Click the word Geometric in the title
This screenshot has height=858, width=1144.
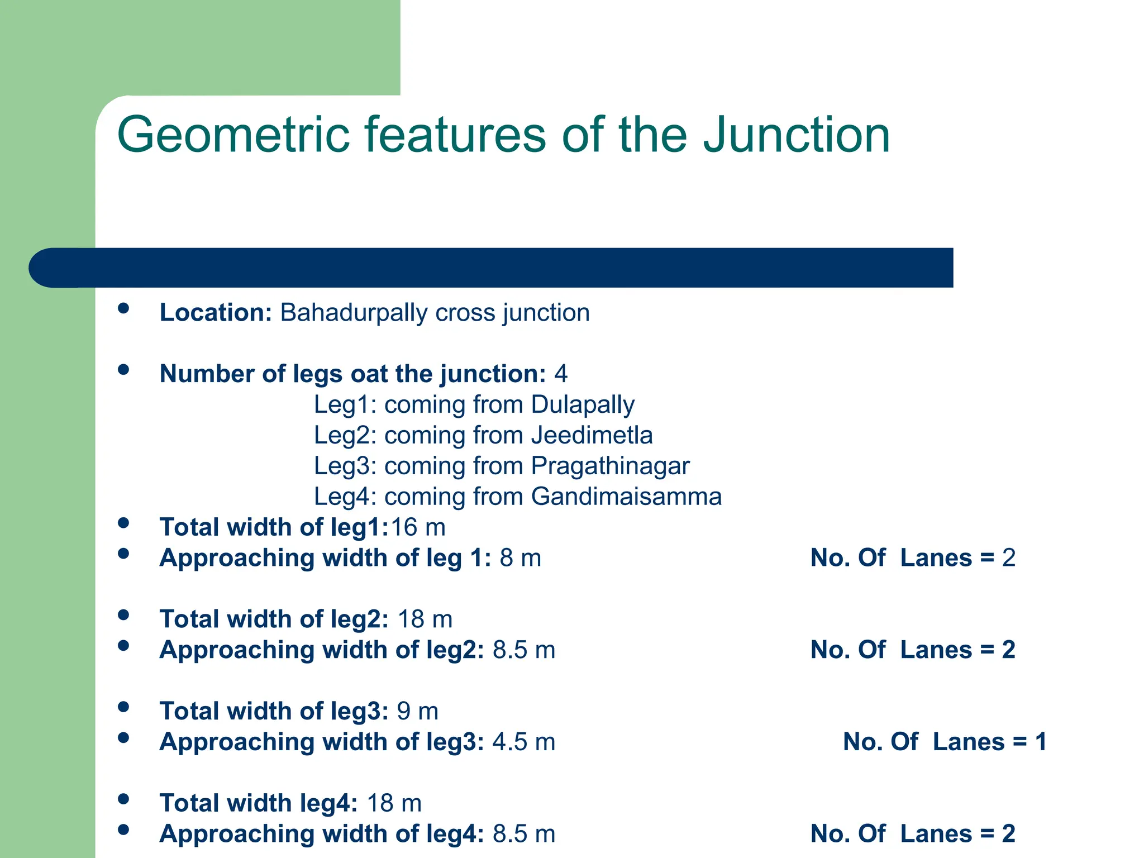[x=233, y=135]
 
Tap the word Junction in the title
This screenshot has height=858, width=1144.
[x=796, y=135]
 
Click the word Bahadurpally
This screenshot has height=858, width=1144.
[x=354, y=313]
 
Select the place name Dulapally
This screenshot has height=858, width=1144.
[x=583, y=405]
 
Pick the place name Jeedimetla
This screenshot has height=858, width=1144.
[x=592, y=435]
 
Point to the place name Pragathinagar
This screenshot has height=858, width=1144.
[x=610, y=466]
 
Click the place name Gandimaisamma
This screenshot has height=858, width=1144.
[x=626, y=497]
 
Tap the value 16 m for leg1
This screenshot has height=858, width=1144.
[x=418, y=527]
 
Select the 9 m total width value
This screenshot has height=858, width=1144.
[x=417, y=711]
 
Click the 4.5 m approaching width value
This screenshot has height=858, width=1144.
[x=523, y=742]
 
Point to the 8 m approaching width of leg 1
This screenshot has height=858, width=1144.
[x=520, y=558]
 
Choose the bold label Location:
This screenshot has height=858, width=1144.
[x=216, y=313]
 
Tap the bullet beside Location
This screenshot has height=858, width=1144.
[x=124, y=308]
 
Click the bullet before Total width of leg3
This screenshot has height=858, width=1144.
[x=124, y=707]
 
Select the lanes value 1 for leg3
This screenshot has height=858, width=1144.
[x=1041, y=742]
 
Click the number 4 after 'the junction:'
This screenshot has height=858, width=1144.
[x=560, y=374]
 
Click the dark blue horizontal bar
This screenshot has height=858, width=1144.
[x=492, y=268]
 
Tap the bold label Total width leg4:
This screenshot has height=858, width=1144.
[x=258, y=803]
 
